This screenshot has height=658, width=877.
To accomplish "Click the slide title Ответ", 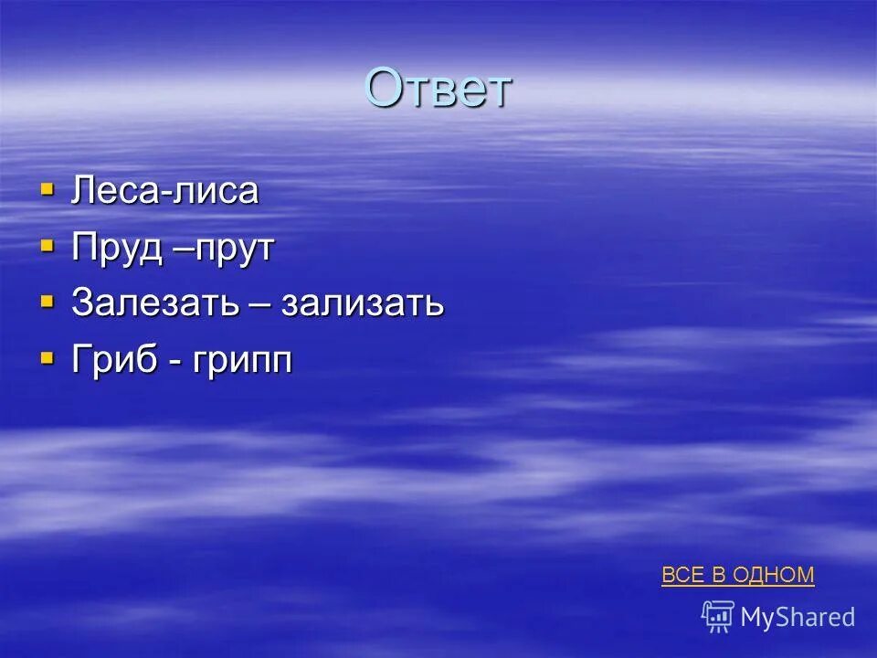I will pos(438,89).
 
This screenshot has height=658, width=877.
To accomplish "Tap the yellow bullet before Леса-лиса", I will pos(48,190).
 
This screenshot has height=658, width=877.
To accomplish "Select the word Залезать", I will pos(150,304).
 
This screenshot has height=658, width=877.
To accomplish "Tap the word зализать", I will pos(363,304).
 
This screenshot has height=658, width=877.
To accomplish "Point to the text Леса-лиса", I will pos(165,192).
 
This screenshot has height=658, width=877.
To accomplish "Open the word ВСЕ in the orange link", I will pos(682,575).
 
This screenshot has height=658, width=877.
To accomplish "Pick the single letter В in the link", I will pos(717,575).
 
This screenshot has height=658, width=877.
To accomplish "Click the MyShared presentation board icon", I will pos(718,617).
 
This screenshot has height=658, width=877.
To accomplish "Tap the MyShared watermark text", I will pos(798,618).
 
